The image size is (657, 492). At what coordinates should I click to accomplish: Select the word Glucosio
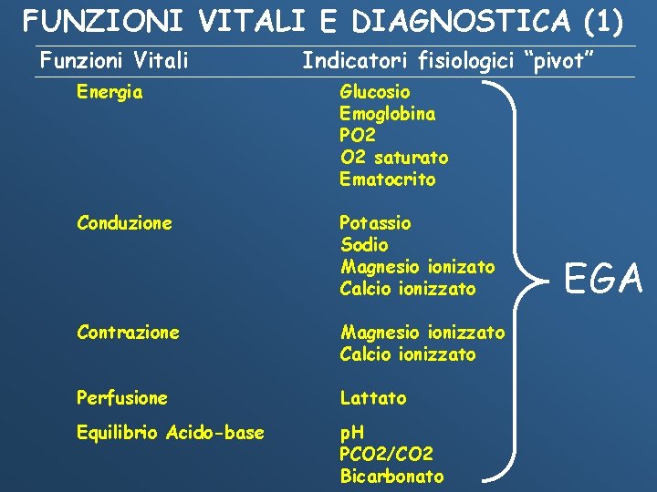pyautogui.click(x=375, y=92)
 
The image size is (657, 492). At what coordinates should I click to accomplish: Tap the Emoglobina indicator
pyautogui.click(x=387, y=114)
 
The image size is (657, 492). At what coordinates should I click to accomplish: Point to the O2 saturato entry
pyautogui.click(x=393, y=158)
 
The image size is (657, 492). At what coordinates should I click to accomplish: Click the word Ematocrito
pyautogui.click(x=387, y=179)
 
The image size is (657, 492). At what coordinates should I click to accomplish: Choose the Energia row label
pyautogui.click(x=109, y=92)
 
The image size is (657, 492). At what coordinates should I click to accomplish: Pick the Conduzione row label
pyautogui.click(x=124, y=223)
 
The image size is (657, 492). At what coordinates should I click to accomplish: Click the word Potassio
pyautogui.click(x=375, y=223)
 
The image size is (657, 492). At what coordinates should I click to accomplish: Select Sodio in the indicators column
pyautogui.click(x=363, y=245)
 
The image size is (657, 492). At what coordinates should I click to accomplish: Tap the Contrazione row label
pyautogui.click(x=128, y=333)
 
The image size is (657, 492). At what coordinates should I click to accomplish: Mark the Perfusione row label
pyautogui.click(x=122, y=398)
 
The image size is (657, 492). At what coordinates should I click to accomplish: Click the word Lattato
pyautogui.click(x=373, y=398)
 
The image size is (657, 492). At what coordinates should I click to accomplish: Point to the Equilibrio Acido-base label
pyautogui.click(x=171, y=433)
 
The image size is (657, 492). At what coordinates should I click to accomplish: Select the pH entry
pyautogui.click(x=351, y=433)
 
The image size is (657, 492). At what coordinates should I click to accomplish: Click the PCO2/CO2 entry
pyautogui.click(x=386, y=455)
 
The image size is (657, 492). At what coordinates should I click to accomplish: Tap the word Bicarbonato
pyautogui.click(x=391, y=477)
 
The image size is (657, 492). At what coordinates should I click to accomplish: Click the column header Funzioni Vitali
pyautogui.click(x=114, y=61)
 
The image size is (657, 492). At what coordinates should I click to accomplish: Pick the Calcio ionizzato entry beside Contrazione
pyautogui.click(x=408, y=354)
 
